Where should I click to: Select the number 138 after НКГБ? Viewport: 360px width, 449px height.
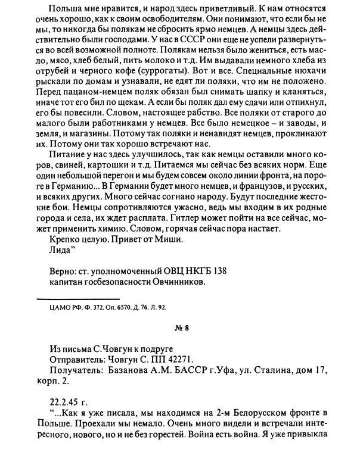tap(219, 271)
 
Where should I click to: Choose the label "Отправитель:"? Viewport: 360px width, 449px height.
tap(72, 359)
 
